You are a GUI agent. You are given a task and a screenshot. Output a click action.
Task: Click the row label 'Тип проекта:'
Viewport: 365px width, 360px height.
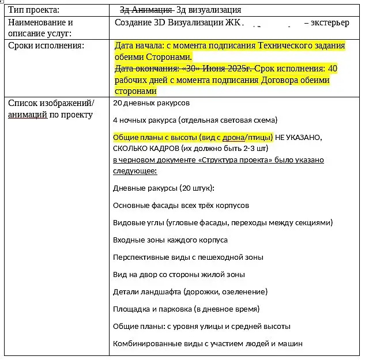tap(33, 10)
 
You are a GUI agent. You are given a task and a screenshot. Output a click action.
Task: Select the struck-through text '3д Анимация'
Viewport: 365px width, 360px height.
tap(146, 10)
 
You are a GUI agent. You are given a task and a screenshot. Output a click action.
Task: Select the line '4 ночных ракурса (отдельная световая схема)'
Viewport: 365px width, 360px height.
tap(195, 120)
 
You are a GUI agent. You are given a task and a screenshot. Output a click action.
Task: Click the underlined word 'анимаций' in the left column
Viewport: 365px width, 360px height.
tap(28, 114)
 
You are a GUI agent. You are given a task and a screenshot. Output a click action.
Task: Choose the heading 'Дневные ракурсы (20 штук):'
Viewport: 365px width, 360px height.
tap(164, 188)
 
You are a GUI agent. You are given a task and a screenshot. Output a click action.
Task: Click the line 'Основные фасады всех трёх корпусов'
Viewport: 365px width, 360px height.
tap(181, 205)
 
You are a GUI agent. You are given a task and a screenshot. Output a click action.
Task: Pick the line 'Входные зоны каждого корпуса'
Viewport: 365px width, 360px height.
tap(170, 240)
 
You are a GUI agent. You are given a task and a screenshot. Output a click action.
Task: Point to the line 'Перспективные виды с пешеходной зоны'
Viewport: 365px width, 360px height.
tap(188, 257)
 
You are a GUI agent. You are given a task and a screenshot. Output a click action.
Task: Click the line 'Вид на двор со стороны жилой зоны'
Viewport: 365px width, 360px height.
tap(179, 274)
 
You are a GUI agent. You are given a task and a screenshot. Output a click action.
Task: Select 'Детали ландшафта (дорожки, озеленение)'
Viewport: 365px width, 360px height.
tap(190, 291)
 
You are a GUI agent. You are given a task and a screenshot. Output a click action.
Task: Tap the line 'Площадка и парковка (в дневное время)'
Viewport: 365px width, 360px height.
tap(186, 309)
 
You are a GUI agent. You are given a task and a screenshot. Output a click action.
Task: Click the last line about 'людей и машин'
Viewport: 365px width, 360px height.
tap(208, 343)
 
